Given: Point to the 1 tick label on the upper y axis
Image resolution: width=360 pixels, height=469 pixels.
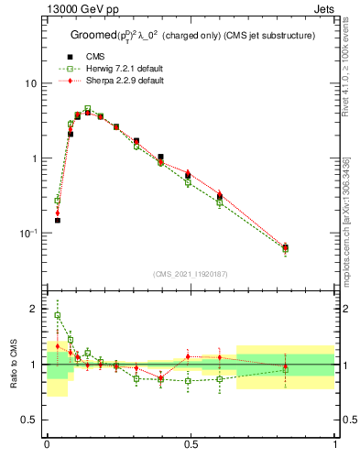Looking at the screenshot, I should pyautogui.click(x=35, y=158).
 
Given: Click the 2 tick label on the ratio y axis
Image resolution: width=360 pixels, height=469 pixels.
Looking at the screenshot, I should pyautogui.click(x=35, y=309).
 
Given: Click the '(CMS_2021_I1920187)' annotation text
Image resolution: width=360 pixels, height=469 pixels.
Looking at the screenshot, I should pyautogui.click(x=191, y=274).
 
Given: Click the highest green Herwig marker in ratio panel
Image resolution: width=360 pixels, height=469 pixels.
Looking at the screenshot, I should pyautogui.click(x=57, y=315).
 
